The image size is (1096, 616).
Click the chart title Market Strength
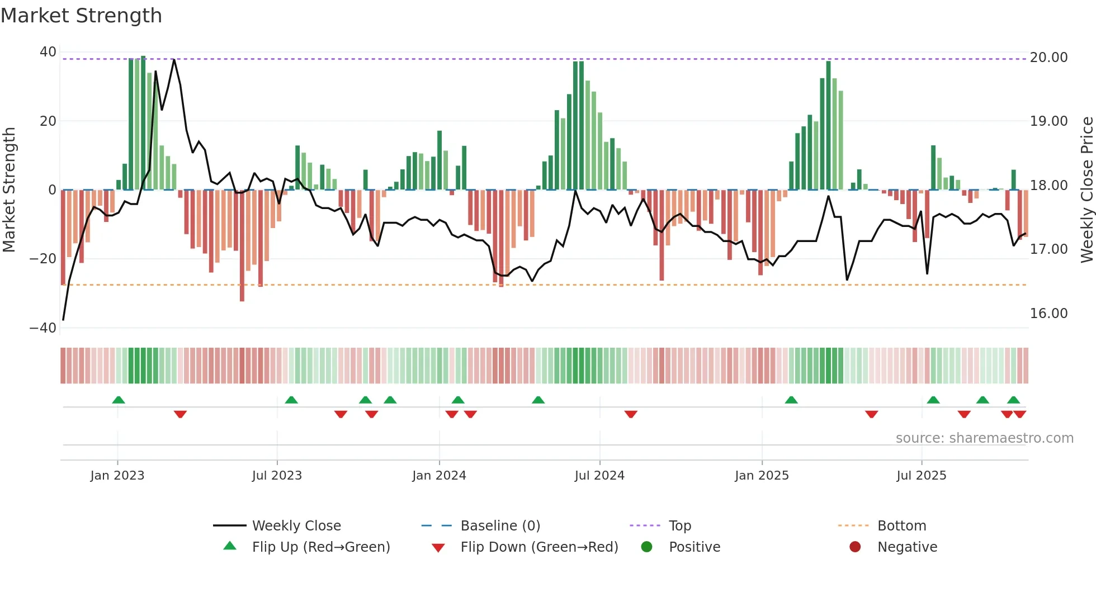[x=81, y=16]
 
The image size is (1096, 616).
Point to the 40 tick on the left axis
[x=48, y=52]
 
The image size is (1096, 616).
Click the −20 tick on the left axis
[x=43, y=259]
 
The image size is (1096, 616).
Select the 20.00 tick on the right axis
[x=1048, y=58]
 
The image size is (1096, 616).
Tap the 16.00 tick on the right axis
[x=1048, y=314]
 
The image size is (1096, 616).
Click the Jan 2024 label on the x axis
[x=439, y=476]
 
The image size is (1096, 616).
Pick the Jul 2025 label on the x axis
[x=921, y=476]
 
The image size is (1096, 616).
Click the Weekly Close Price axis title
[x=1086, y=190]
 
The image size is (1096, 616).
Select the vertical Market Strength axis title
[x=10, y=190]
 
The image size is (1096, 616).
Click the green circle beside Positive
[x=647, y=547]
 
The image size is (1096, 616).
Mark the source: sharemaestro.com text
[x=984, y=438]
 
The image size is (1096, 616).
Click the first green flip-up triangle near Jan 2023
[x=119, y=400]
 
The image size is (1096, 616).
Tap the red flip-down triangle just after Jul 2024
[x=631, y=414]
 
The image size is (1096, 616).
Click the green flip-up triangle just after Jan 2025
[x=791, y=400]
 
